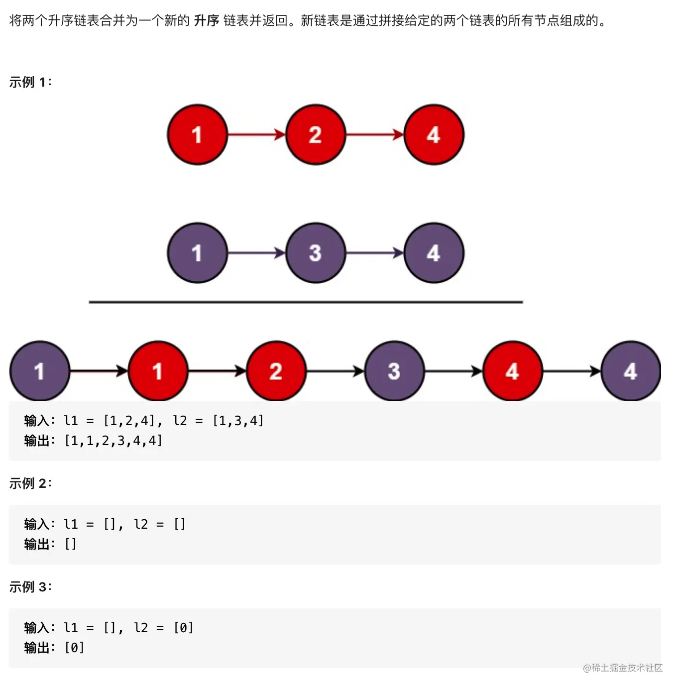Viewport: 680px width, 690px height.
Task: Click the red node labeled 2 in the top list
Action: tap(315, 134)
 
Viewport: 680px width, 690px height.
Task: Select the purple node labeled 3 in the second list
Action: tap(315, 253)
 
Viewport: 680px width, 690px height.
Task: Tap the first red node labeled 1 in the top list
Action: tap(197, 134)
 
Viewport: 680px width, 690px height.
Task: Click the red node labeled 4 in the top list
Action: tap(434, 134)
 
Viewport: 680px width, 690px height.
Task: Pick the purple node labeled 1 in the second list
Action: tap(197, 253)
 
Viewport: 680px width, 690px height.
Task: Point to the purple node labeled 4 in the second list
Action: tap(434, 253)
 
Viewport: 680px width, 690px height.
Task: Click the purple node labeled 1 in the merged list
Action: tap(40, 371)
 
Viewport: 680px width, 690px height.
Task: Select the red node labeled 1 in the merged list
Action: tap(158, 371)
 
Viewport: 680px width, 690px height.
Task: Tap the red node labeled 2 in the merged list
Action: tap(276, 371)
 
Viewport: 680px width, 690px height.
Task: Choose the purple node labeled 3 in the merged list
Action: tap(394, 371)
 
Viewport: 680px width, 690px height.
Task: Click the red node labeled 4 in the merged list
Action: tap(512, 371)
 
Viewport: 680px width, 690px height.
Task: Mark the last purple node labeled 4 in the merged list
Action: tap(630, 371)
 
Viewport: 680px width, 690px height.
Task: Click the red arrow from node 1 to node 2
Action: tap(256, 134)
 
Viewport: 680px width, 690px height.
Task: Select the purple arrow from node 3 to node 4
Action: tap(374, 253)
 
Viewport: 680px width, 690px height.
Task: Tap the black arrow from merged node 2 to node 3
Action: tap(335, 371)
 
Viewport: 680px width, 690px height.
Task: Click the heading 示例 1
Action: tap(30, 82)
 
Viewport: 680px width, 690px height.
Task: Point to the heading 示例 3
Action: tap(30, 587)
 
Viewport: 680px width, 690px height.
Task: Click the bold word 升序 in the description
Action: tap(206, 21)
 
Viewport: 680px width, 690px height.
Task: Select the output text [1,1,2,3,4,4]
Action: tap(113, 441)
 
